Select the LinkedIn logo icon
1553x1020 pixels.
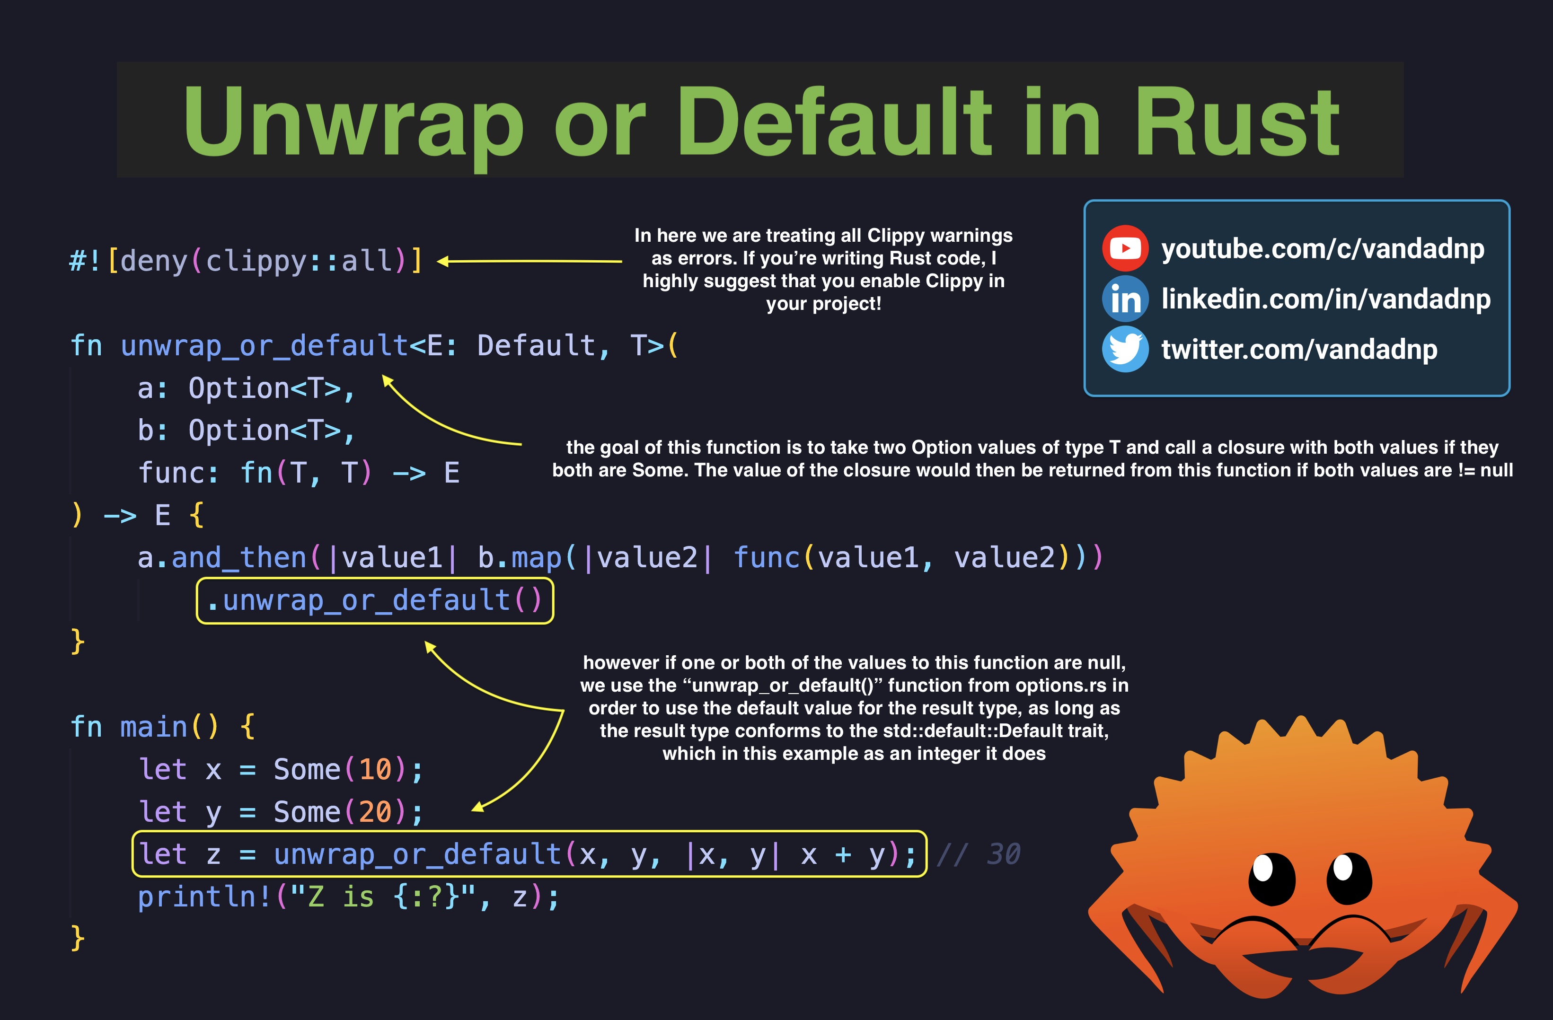coord(1125,299)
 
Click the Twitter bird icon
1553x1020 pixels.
coord(1125,349)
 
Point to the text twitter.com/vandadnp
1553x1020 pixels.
coord(1298,350)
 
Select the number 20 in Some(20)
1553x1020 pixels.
coord(375,812)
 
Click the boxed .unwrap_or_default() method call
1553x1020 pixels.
coord(375,600)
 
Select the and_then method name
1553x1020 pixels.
coord(239,558)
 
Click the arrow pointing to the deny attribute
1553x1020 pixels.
coord(529,261)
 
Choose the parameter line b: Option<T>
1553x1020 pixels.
coord(246,431)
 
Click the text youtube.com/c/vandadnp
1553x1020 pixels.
coord(1322,249)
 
